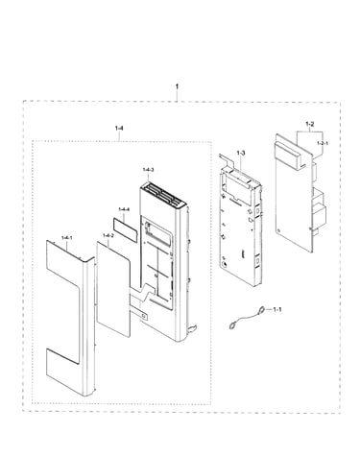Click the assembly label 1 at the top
[177, 86]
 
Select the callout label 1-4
[119, 128]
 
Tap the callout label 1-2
[310, 124]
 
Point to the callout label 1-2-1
[323, 143]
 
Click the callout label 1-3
[241, 153]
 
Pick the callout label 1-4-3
[148, 170]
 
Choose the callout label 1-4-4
[124, 209]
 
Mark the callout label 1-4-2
[108, 235]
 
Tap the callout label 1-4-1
[67, 237]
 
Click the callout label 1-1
[277, 309]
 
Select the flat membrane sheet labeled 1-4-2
[113, 289]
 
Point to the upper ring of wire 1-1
[262, 309]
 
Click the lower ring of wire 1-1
[232, 326]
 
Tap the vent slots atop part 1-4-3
[162, 195]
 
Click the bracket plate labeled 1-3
[240, 223]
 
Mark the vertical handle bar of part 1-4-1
[88, 326]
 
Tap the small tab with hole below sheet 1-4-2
[143, 316]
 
